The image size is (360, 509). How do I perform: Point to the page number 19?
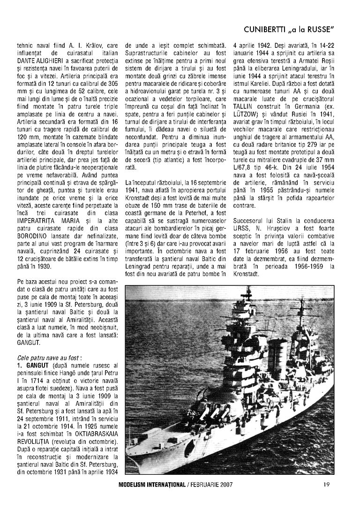327,485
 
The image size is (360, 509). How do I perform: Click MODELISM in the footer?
135,485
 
